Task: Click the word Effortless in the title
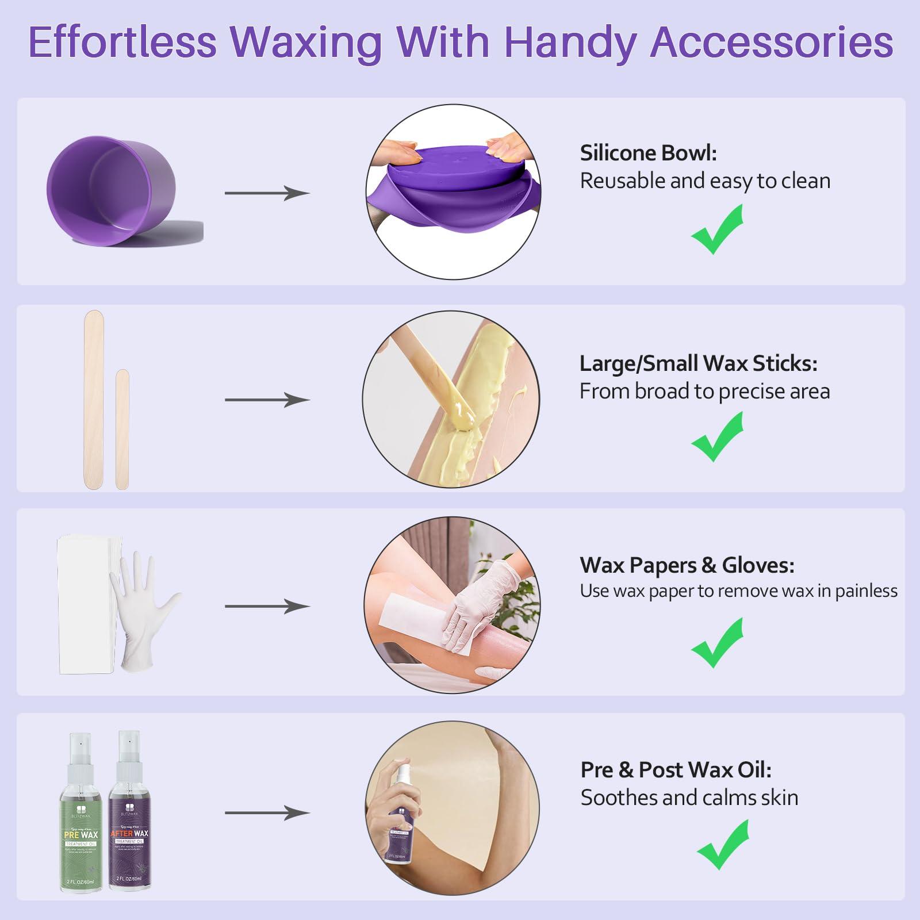(122, 41)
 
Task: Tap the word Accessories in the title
(772, 41)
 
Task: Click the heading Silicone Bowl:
(648, 153)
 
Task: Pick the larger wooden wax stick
(93, 400)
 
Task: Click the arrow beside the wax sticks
(267, 400)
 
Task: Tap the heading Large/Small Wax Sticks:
(698, 363)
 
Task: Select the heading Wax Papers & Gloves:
(687, 565)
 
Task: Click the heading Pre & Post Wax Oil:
(676, 769)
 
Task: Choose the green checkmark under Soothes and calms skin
(723, 845)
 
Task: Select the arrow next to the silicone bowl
(267, 193)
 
